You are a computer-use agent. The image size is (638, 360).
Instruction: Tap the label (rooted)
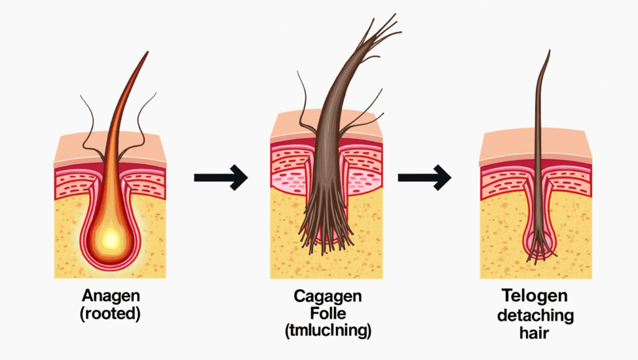pyautogui.click(x=111, y=314)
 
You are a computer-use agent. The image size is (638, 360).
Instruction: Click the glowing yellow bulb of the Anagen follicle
pyautogui.click(x=111, y=237)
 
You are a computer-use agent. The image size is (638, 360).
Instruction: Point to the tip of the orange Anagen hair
pyautogui.click(x=148, y=52)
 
